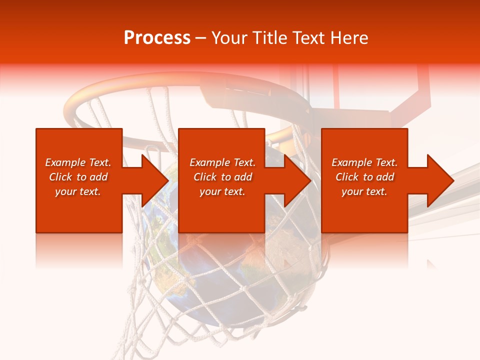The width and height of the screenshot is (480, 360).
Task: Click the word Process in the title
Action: (x=157, y=38)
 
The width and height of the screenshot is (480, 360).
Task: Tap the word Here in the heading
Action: (x=348, y=38)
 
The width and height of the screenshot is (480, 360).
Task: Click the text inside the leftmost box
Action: (x=78, y=177)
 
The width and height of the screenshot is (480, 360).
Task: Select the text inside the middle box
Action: (x=222, y=177)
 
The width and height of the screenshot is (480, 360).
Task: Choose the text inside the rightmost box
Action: (x=364, y=177)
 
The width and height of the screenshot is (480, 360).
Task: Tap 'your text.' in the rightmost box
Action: (x=364, y=191)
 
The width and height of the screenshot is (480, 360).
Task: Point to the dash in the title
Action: (x=200, y=38)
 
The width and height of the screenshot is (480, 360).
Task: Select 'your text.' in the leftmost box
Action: (x=78, y=191)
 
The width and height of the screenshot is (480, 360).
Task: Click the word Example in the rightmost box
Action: (x=352, y=162)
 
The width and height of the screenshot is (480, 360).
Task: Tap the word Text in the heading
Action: (x=310, y=38)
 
